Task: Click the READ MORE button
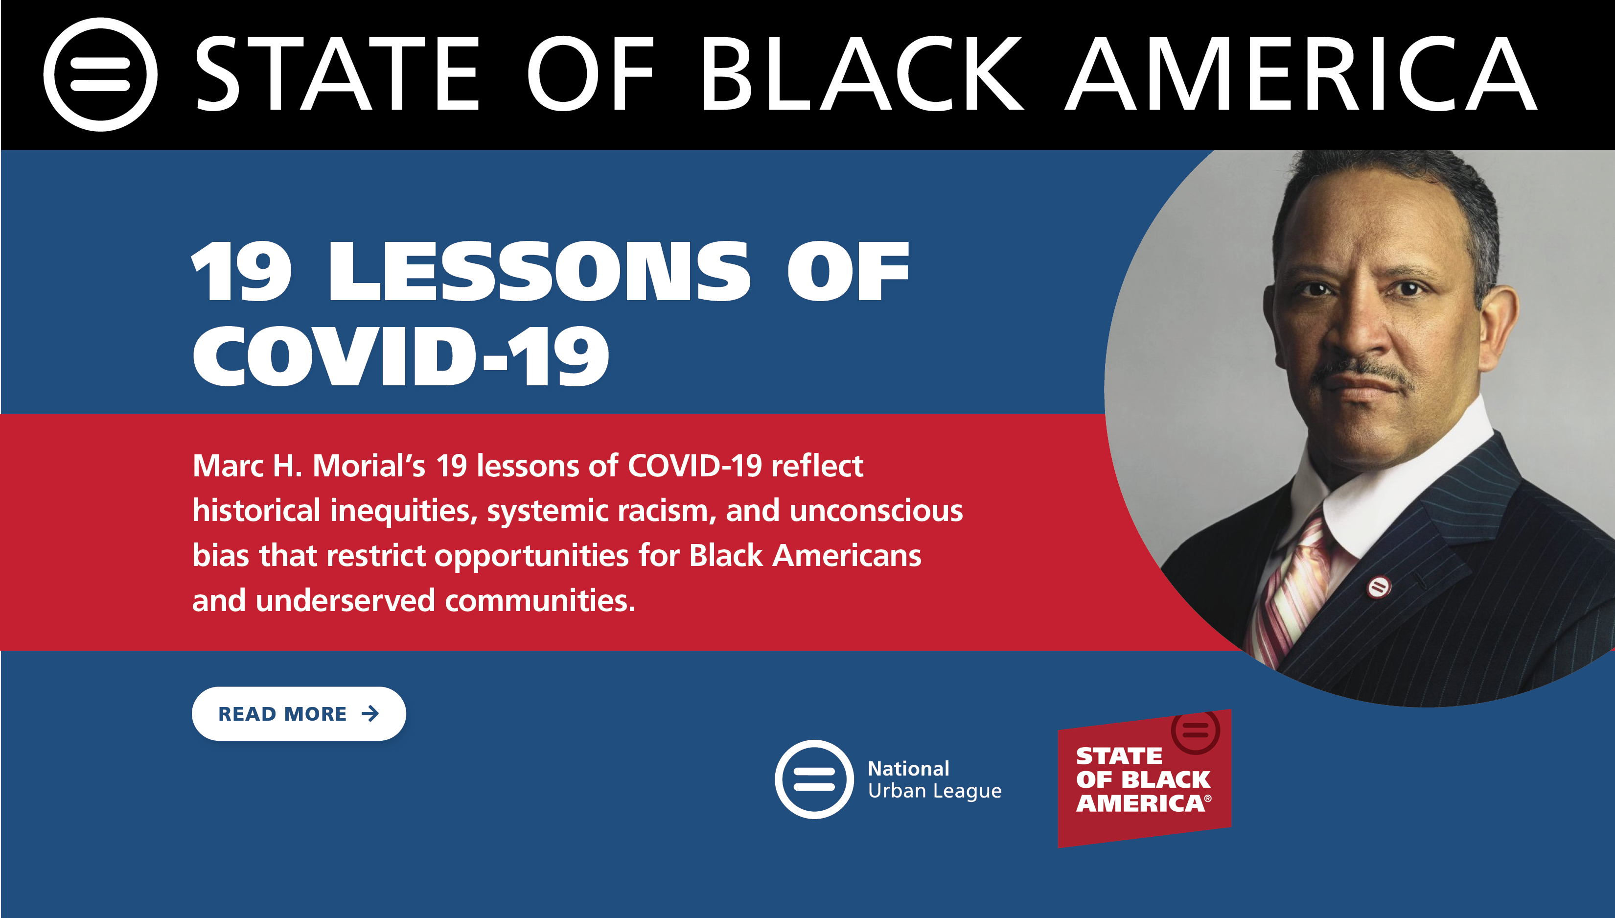pos(299,713)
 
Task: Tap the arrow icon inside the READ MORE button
pos(370,713)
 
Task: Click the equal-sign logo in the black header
pos(100,74)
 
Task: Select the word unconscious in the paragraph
pos(877,511)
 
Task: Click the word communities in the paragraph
pos(540,601)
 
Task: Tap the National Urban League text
pos(934,780)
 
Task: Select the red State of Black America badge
pos(1144,778)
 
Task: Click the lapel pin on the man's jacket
pos(1379,588)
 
